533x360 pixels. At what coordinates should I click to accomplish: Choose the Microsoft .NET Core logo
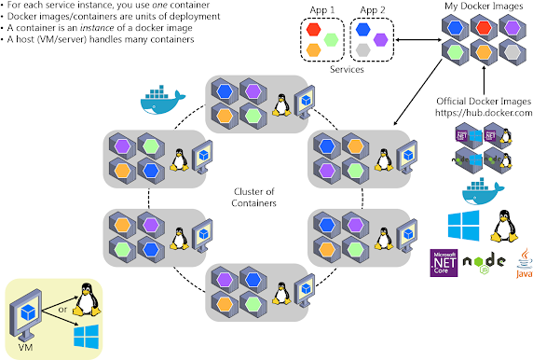(x=444, y=264)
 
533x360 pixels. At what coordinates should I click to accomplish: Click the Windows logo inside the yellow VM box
(x=88, y=334)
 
